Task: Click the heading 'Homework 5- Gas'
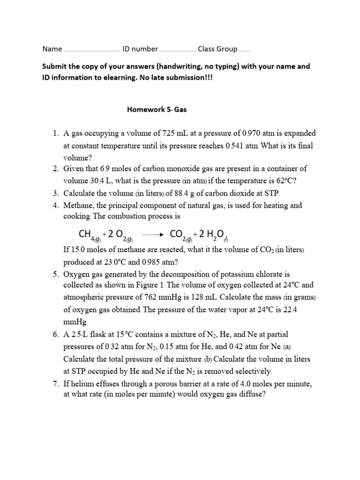[157, 109]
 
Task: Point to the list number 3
[55, 193]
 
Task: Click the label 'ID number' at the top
[140, 49]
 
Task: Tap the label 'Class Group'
[217, 49]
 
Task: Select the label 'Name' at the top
[52, 49]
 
